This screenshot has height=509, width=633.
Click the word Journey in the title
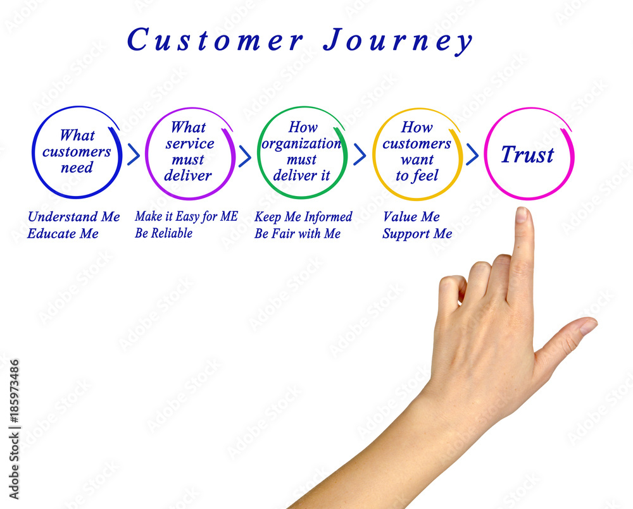click(398, 40)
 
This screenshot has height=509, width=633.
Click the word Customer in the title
click(215, 40)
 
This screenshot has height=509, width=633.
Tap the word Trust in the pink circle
click(527, 154)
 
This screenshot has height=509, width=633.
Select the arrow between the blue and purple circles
click(134, 154)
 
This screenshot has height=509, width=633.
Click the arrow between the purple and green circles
click(245, 156)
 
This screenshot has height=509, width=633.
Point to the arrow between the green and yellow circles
click(360, 154)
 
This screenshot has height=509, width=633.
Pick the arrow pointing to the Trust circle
click(472, 154)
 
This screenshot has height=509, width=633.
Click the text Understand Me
click(74, 217)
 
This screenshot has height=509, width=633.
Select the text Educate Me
click(63, 233)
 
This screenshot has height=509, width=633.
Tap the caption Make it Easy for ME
click(187, 217)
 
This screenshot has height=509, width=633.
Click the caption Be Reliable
click(163, 233)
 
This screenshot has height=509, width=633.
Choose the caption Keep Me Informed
click(303, 217)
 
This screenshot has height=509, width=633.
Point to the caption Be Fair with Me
click(298, 233)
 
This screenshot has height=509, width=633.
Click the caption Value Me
click(411, 217)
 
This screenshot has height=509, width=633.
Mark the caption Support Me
click(417, 234)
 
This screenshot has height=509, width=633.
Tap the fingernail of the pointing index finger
click(522, 214)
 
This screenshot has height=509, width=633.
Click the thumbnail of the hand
click(589, 326)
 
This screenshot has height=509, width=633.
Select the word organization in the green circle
click(301, 144)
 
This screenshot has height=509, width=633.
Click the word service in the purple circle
click(190, 144)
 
